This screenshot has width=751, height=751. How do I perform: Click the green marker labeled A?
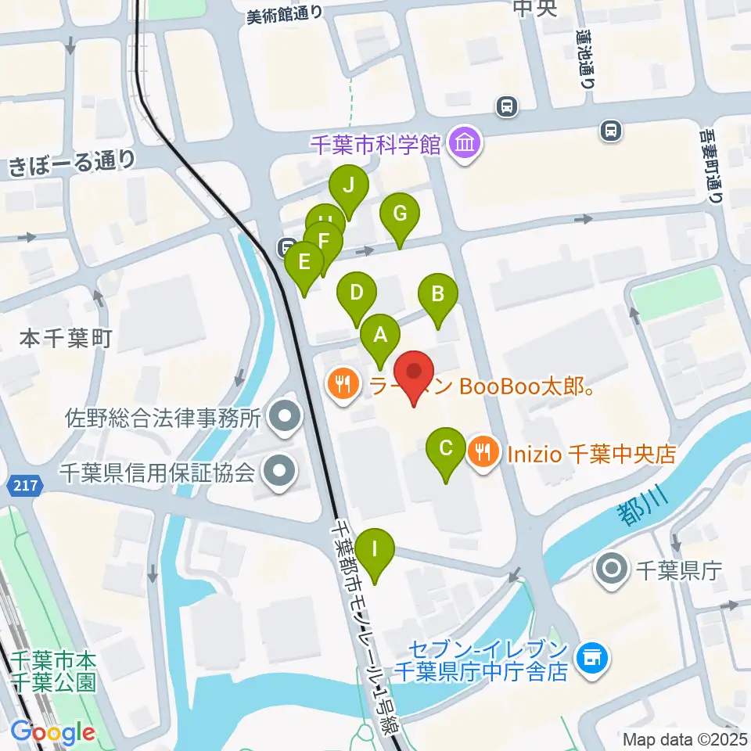click(x=380, y=336)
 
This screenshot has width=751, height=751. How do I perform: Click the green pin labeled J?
click(x=349, y=187)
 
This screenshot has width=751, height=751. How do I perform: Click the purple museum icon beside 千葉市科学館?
click(x=466, y=144)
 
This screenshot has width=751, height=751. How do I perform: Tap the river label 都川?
click(x=638, y=512)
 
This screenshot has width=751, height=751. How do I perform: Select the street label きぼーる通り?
click(x=71, y=162)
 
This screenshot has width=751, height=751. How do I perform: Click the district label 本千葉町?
click(x=66, y=339)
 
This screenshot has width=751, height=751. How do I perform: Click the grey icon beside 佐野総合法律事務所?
click(x=283, y=416)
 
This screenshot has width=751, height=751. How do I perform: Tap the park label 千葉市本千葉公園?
click(x=53, y=670)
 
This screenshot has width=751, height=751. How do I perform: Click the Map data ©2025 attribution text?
click(x=685, y=738)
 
